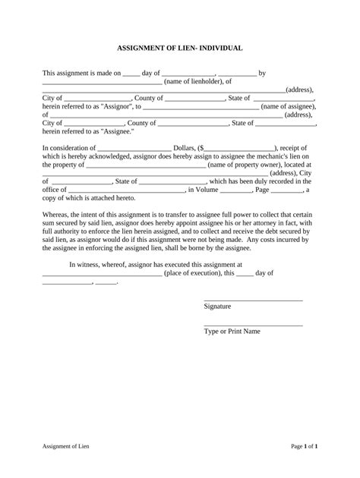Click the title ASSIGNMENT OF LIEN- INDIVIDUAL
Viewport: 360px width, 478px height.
179,48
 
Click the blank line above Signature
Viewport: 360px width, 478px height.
253,300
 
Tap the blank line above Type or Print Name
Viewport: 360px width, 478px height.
253,325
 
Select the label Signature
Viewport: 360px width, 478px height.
218,307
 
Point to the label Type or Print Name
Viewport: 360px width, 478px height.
232,332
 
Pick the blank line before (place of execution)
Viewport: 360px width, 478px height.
102,273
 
